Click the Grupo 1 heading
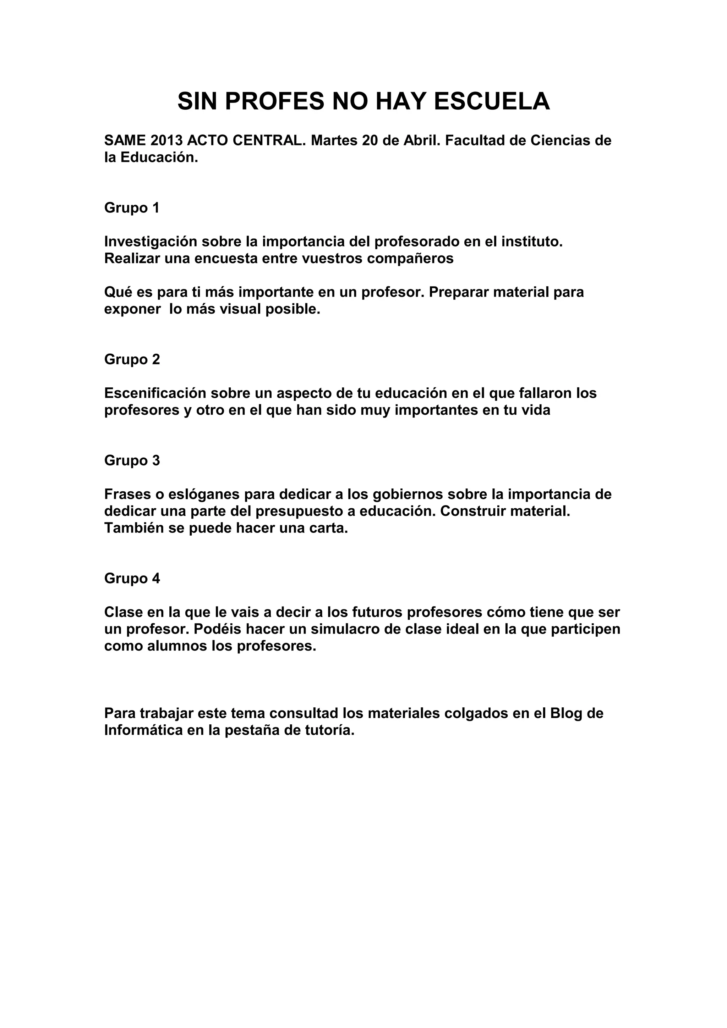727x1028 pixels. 132,208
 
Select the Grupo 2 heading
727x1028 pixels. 132,359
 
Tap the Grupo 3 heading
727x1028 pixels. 132,460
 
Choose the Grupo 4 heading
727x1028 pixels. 132,579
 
